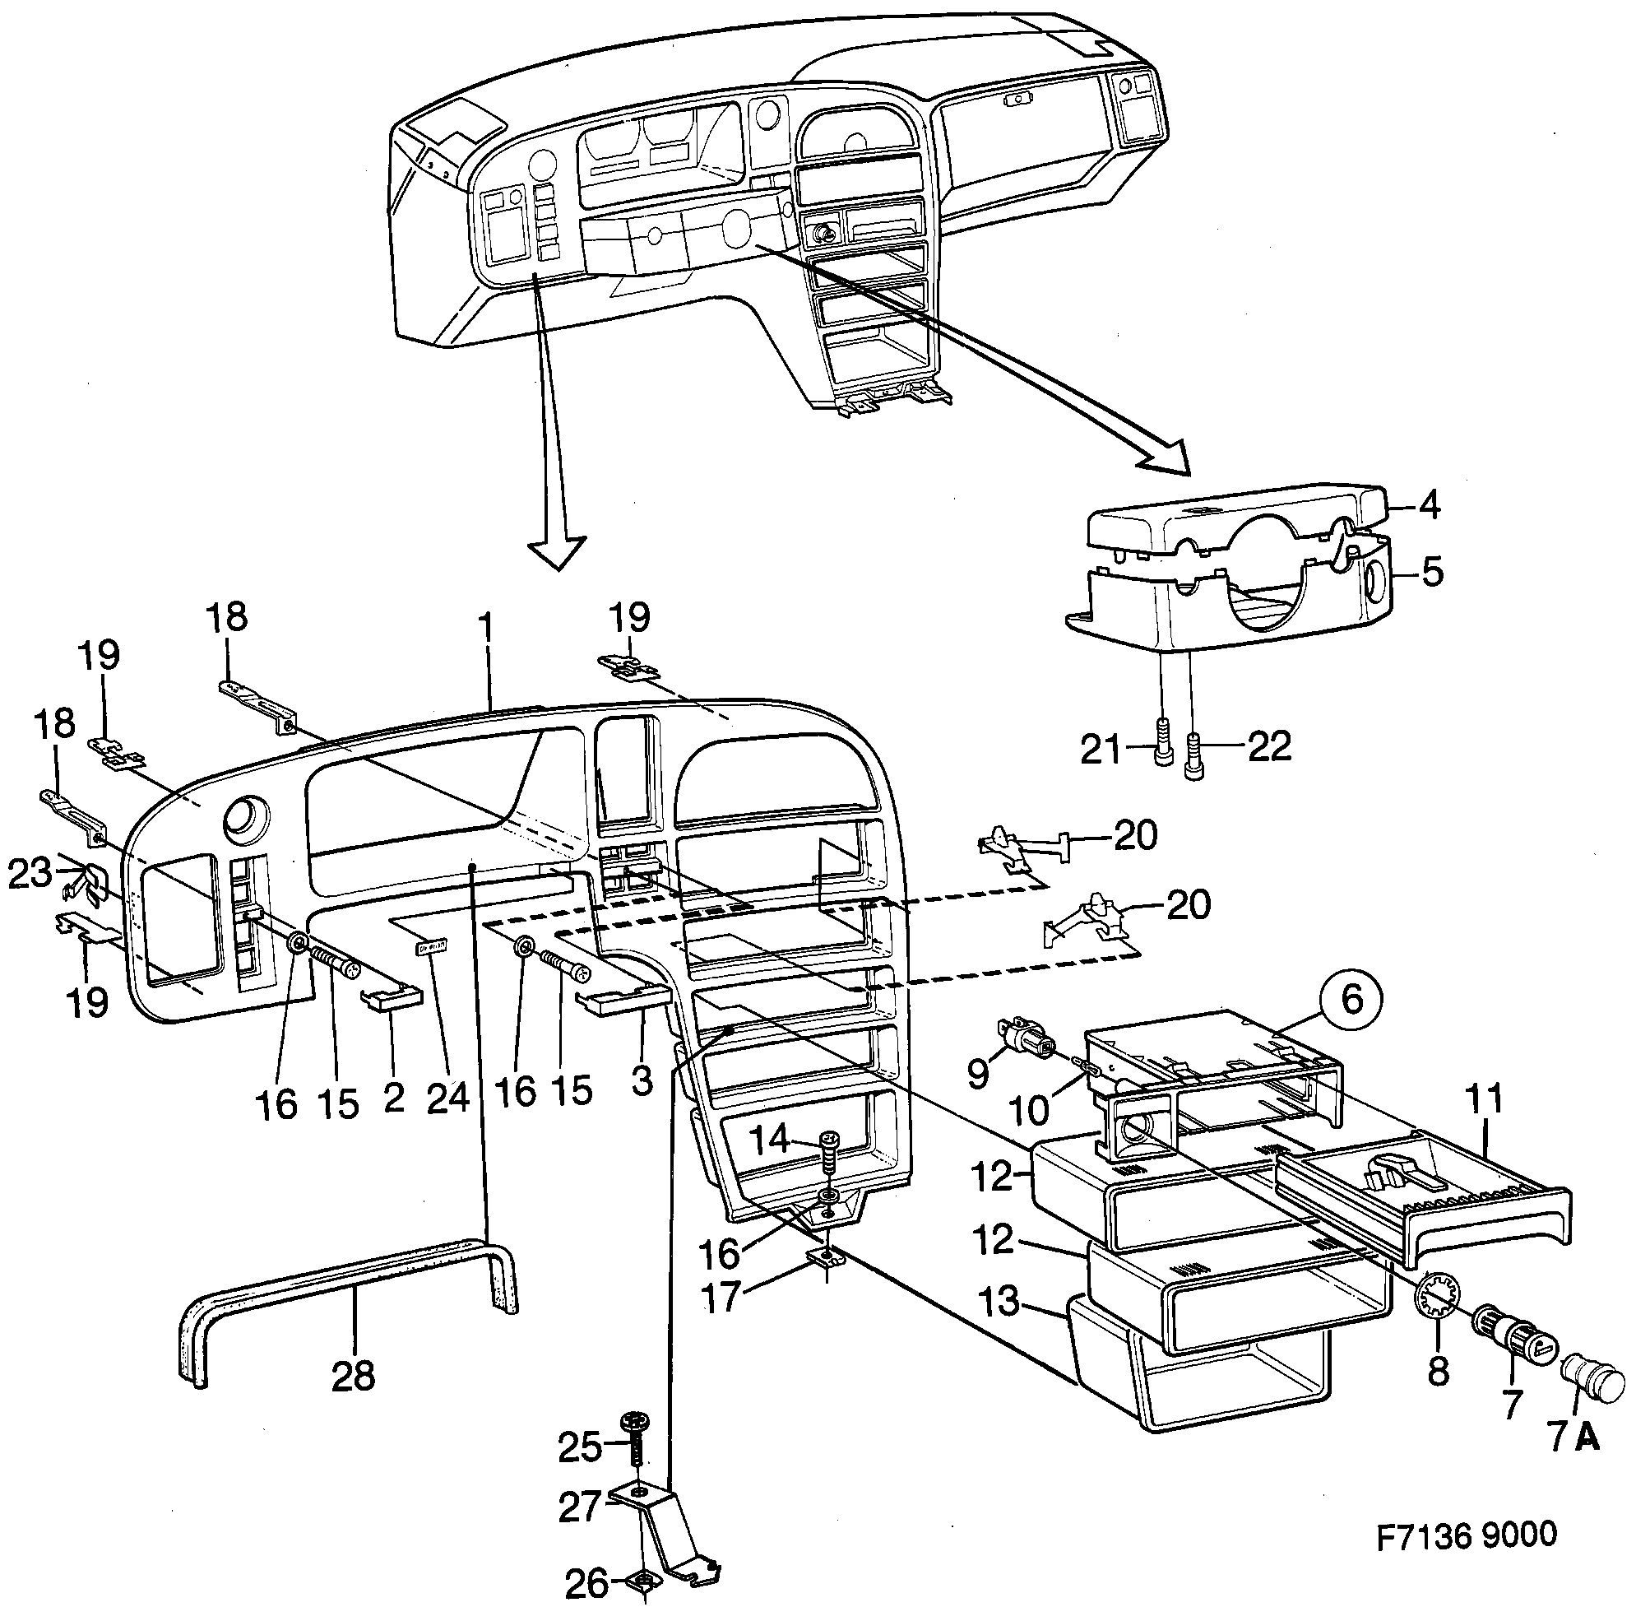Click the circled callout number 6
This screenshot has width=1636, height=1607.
pyautogui.click(x=1351, y=999)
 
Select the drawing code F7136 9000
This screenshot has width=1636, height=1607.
pyautogui.click(x=1466, y=1534)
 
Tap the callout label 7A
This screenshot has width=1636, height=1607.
pyautogui.click(x=1573, y=1436)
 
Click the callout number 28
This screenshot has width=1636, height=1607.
pyautogui.click(x=353, y=1377)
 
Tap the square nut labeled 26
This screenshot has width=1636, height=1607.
pyautogui.click(x=643, y=1582)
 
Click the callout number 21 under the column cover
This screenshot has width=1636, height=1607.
pyautogui.click(x=1101, y=749)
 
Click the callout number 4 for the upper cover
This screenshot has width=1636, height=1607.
pyautogui.click(x=1429, y=504)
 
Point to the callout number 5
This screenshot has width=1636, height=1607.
pyautogui.click(x=1432, y=572)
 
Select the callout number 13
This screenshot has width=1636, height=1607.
pyautogui.click(x=1000, y=1301)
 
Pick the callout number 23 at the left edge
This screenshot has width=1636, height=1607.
pyautogui.click(x=30, y=874)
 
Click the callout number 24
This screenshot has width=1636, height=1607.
pyautogui.click(x=448, y=1097)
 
